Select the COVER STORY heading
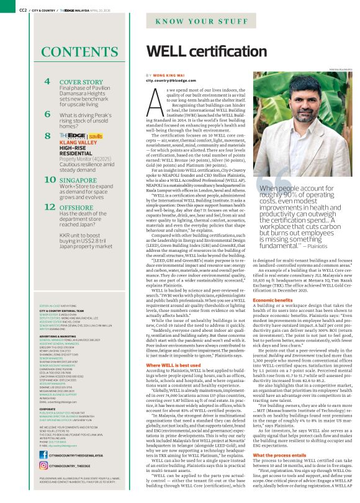coord(81,82)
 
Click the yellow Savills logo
coord(95,135)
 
